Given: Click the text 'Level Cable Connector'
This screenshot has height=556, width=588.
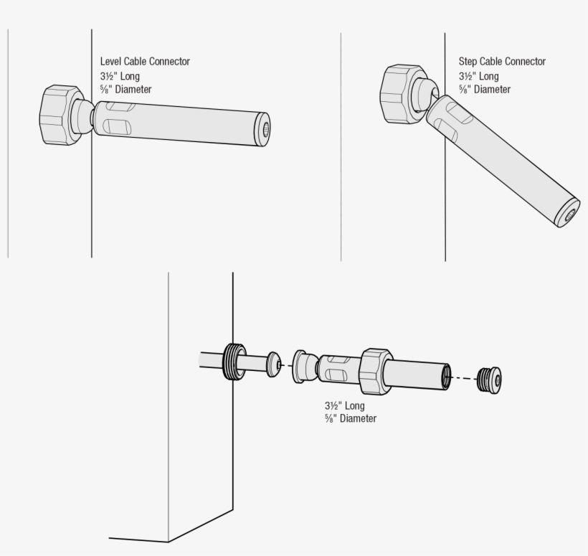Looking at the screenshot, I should pos(145,62).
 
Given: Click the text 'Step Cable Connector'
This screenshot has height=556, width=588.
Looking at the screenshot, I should pos(502,62).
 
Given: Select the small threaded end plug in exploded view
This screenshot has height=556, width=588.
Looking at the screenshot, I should pos(490,378).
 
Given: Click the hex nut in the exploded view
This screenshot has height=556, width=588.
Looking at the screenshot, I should pos(376,372).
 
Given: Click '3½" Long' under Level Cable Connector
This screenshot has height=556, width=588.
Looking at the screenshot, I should pos(120,76).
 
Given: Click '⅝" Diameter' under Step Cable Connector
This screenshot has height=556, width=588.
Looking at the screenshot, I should pos(485,90).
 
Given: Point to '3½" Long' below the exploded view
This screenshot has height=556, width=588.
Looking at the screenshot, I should pos(343,405).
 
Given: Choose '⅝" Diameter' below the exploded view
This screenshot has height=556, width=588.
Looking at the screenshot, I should pos(350,419).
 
